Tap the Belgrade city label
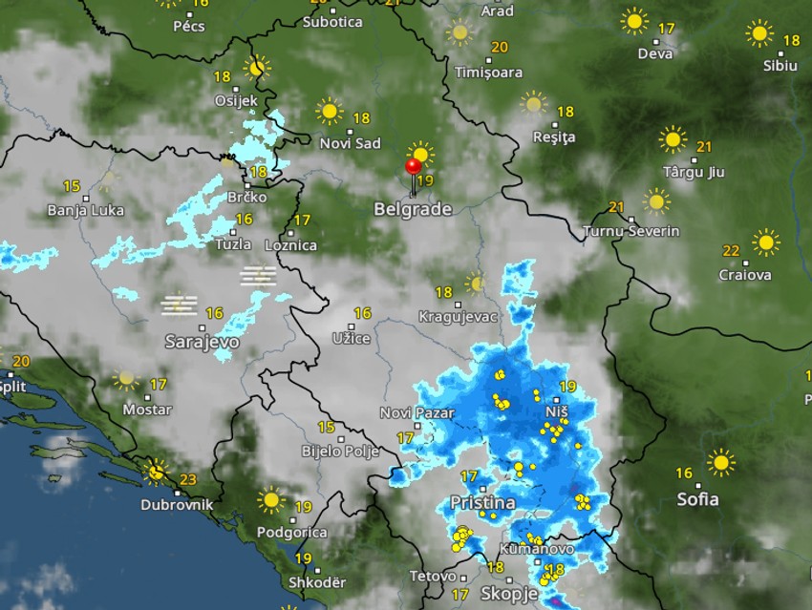413,208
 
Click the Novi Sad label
350,143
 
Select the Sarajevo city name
202,341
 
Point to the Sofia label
697,498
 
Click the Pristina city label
482,502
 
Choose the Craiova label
745,275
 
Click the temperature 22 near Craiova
731,251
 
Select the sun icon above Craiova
765,242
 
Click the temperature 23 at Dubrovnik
188,480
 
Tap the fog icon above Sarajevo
179,305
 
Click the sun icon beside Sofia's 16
721,463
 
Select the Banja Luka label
86,211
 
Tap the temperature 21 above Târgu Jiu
705,146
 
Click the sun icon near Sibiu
759,34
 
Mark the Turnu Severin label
631,231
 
